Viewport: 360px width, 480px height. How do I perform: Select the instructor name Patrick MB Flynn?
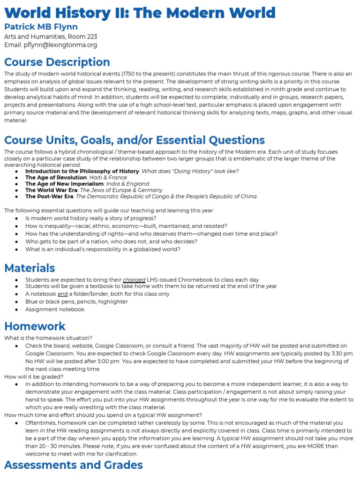click(x=41, y=27)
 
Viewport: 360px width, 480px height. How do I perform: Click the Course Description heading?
click(x=57, y=62)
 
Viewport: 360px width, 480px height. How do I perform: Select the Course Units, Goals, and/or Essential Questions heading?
click(x=135, y=140)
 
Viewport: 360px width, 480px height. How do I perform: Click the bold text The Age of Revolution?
click(x=56, y=178)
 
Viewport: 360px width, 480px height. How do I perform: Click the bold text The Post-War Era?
click(x=49, y=196)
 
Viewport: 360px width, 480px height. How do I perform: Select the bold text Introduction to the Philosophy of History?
click(x=82, y=171)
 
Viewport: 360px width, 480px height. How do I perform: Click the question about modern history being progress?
click(x=90, y=218)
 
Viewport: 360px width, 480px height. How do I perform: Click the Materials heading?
click(x=30, y=268)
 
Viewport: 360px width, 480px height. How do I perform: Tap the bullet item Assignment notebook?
click(x=55, y=309)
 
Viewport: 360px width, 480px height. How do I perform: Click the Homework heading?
click(x=35, y=326)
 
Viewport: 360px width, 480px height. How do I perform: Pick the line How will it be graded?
click(x=34, y=376)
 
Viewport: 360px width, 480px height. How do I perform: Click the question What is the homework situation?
click(x=48, y=338)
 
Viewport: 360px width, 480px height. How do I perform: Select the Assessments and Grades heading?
click(x=74, y=465)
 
